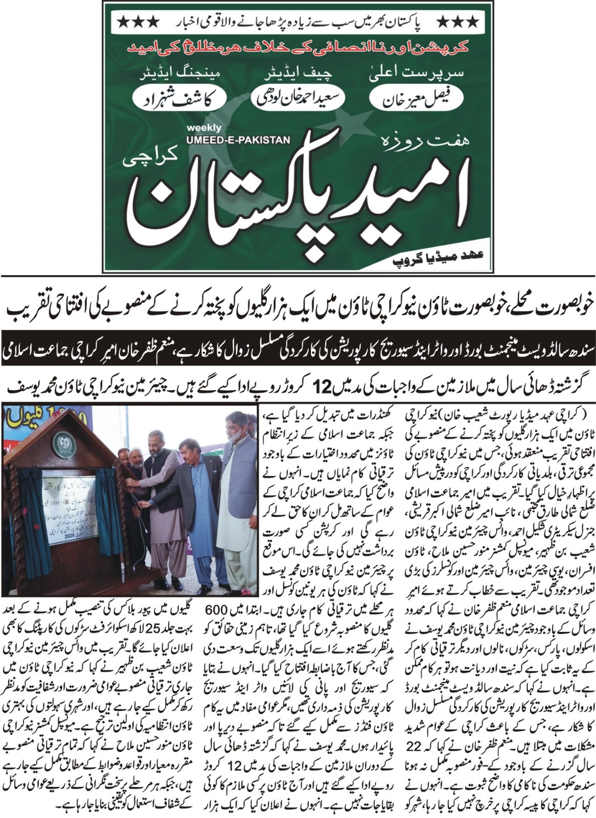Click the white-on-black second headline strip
click(x=298, y=352)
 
